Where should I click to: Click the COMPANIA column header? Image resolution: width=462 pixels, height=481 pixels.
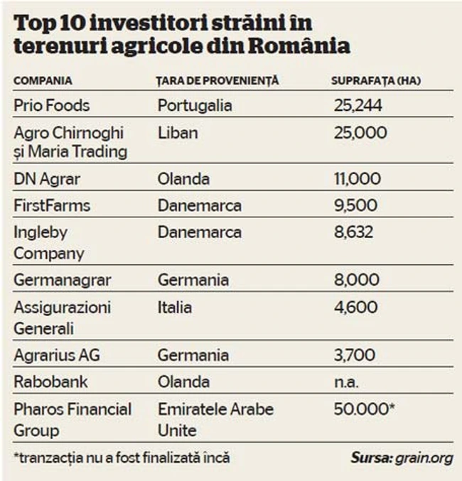(43, 80)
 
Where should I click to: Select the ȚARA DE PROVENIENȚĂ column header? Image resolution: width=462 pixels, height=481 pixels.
(217, 80)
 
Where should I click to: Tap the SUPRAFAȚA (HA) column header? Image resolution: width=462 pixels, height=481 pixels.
(375, 80)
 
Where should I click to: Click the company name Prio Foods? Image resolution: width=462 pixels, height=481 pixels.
(52, 106)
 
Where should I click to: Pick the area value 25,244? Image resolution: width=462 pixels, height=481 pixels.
(358, 106)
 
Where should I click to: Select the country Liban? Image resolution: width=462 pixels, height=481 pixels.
(178, 133)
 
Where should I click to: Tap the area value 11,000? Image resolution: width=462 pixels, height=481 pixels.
(358, 178)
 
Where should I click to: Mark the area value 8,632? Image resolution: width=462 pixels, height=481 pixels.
(355, 232)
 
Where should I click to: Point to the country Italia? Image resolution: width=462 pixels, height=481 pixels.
(175, 308)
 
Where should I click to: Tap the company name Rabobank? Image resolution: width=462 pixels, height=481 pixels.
(51, 382)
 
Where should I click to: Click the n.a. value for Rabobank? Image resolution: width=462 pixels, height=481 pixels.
(346, 382)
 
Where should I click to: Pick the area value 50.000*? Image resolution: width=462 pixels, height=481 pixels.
(362, 409)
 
